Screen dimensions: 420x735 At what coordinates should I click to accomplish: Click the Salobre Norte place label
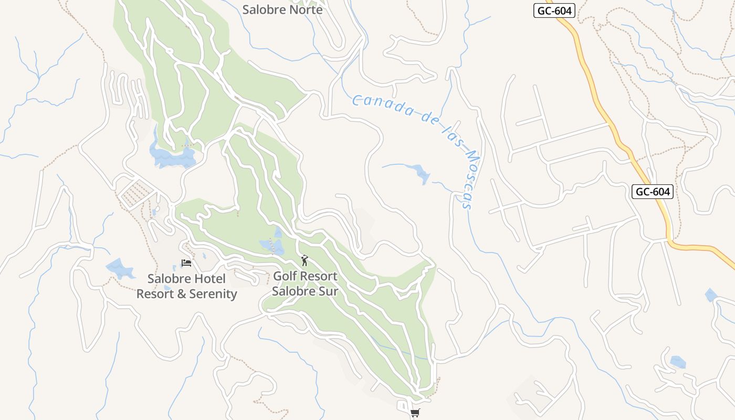point(283,9)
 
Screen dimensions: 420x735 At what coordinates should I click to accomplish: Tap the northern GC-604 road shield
point(554,10)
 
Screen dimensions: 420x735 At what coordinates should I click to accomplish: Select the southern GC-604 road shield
point(652,192)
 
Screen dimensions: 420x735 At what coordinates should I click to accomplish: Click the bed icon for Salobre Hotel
point(186,262)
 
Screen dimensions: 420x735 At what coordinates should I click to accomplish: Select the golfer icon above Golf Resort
point(304,260)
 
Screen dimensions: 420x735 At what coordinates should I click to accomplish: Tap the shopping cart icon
point(415,413)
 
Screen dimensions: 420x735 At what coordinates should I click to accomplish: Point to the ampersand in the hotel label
point(182,294)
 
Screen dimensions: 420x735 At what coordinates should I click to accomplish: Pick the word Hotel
point(209,279)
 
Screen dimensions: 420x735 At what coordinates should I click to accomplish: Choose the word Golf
point(286,276)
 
